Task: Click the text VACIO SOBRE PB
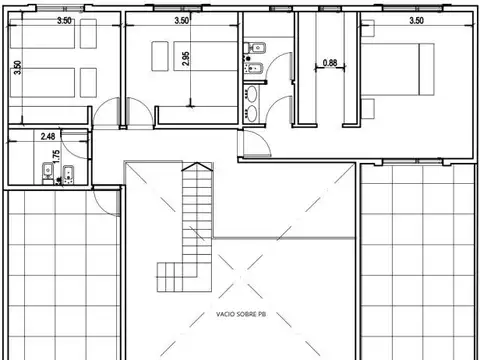coord(240,313)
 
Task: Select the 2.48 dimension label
coord(48,135)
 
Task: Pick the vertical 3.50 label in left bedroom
coord(17,68)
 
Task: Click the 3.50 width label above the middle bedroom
coord(182,20)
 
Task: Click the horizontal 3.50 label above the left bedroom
coord(64,20)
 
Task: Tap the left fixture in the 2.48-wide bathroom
coord(46,172)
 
